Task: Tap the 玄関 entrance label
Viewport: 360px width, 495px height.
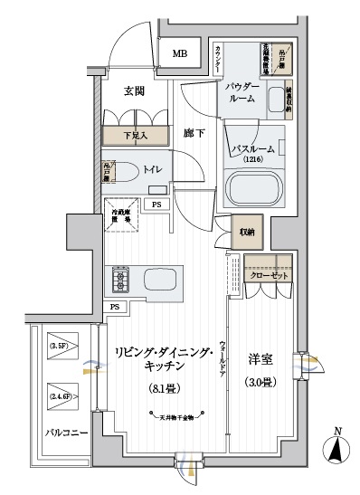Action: pyautogui.click(x=134, y=90)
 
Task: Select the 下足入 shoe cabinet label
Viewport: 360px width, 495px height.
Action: pyautogui.click(x=135, y=136)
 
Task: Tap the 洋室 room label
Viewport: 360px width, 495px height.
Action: pyautogui.click(x=261, y=359)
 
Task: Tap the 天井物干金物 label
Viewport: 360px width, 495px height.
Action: pyautogui.click(x=175, y=417)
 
